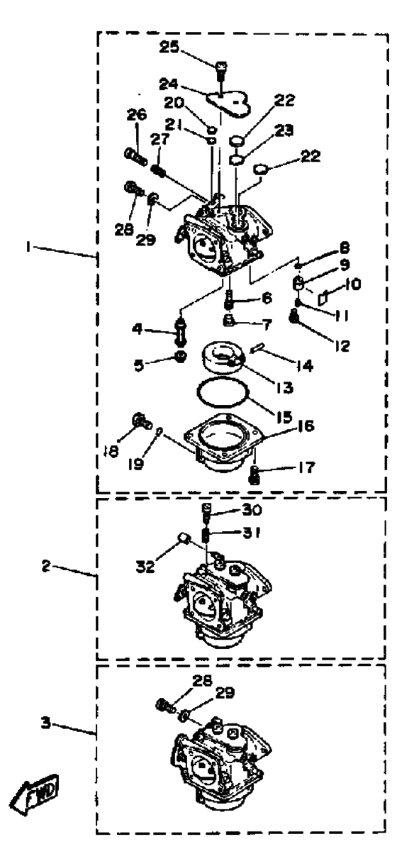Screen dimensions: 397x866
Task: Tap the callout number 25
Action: [169, 48]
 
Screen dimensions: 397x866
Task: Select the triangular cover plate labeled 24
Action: [228, 101]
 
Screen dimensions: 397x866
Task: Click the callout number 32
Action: [145, 567]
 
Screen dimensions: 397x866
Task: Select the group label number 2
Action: [46, 567]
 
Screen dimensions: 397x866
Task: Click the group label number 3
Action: [46, 722]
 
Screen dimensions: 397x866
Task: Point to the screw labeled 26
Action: [135, 157]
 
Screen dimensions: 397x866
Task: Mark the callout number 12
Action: [342, 345]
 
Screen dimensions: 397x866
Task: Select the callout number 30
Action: [252, 510]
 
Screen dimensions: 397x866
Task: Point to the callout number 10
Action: [352, 284]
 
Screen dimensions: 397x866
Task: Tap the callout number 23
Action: [284, 131]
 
